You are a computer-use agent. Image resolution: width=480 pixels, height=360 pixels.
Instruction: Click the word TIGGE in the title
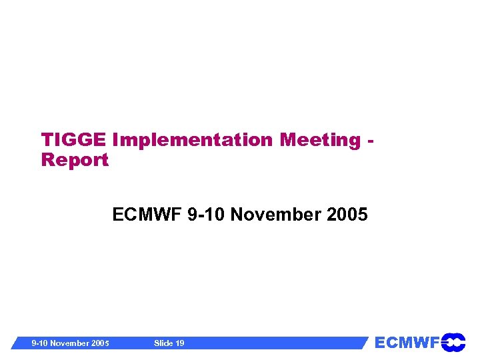point(74,140)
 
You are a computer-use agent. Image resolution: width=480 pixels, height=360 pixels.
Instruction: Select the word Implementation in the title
point(193,140)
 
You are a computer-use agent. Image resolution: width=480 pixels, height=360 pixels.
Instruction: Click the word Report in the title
point(75,160)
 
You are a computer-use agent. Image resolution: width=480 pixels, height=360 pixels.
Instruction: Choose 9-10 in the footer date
point(42,343)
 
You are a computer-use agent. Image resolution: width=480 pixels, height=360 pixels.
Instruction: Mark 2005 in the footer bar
point(100,343)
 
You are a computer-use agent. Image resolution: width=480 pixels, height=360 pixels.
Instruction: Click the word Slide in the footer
point(163,343)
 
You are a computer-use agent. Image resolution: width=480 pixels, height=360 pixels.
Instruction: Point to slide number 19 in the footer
point(179,343)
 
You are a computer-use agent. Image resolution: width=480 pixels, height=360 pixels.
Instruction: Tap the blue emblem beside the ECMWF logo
point(453,342)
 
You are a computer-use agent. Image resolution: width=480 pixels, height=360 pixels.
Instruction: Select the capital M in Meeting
point(289,140)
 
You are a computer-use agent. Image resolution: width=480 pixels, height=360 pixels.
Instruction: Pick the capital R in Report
point(48,160)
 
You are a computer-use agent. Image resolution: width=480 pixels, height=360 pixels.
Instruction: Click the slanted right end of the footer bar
point(365,343)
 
